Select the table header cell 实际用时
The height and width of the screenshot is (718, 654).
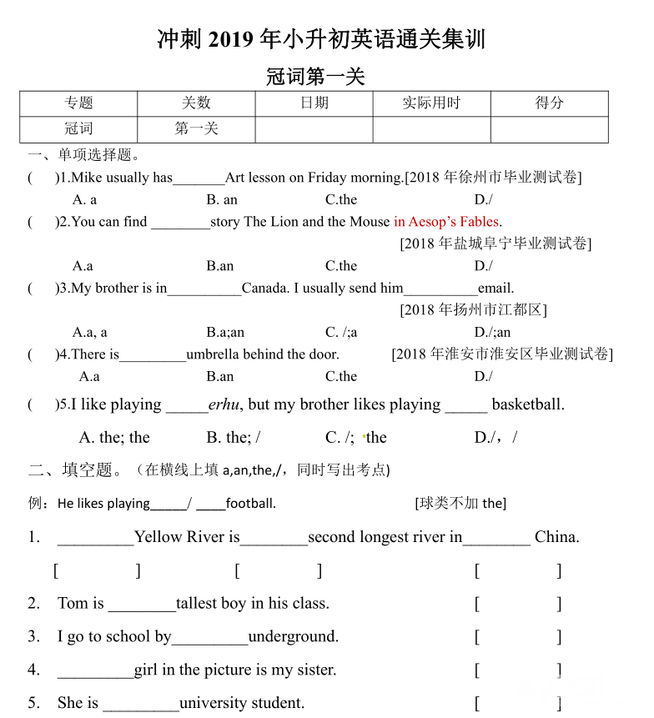431,103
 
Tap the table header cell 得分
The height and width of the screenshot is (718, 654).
549,103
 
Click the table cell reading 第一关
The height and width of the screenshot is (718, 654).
196,129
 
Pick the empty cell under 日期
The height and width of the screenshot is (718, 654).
314,130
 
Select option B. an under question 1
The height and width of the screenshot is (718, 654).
222,199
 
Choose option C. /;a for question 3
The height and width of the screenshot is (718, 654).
341,332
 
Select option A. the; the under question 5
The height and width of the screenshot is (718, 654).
114,438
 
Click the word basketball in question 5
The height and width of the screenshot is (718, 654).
528,404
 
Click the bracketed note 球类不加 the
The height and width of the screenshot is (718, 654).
460,504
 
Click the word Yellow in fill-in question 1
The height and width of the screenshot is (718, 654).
158,537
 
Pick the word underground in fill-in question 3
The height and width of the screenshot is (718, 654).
294,637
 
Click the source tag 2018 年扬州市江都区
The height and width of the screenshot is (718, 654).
473,310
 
